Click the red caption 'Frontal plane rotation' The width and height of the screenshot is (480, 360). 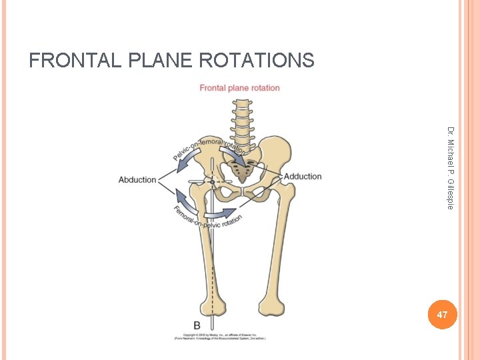coord(240,88)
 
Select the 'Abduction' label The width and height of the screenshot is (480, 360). coord(137,179)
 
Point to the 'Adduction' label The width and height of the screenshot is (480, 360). coord(303,176)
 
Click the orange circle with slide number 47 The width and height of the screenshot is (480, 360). coord(441,313)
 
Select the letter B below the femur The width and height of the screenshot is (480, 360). coord(197,325)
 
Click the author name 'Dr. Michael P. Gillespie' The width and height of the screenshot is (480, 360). coord(451,167)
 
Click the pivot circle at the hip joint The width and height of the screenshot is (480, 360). coord(212,181)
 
